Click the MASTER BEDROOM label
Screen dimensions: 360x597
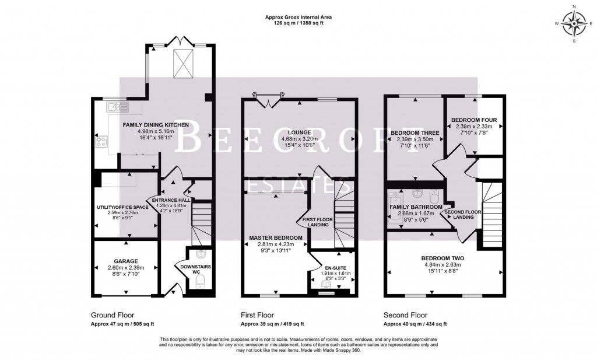coord(275,238)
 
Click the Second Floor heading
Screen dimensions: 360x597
coord(405,314)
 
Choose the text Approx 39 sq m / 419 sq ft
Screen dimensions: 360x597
coord(272,323)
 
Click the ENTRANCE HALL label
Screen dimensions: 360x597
coord(168,200)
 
